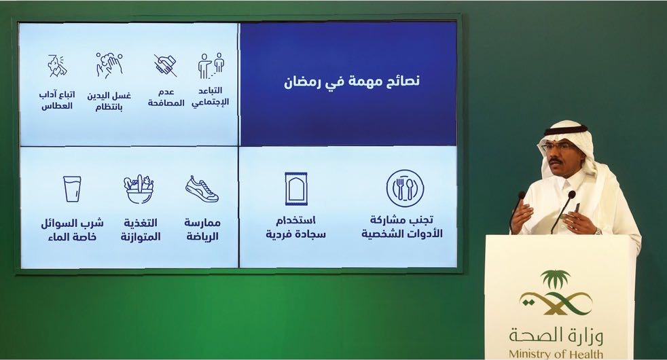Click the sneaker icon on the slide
tap(202, 189)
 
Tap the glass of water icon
tap(72, 189)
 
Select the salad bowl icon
tap(139, 190)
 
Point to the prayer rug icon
tap(296, 189)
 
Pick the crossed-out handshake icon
tap(166, 65)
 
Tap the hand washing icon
tap(109, 65)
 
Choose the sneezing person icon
tap(58, 66)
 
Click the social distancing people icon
tap(211, 65)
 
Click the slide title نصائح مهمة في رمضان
tap(352, 81)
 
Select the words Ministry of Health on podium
tap(556, 354)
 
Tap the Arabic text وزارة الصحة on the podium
tap(556, 336)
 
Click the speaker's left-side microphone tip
tap(522, 195)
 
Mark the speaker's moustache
tap(556, 161)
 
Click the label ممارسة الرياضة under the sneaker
tap(202, 230)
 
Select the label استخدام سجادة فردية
tap(296, 228)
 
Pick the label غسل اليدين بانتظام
tap(109, 101)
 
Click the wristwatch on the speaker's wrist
tap(598, 232)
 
